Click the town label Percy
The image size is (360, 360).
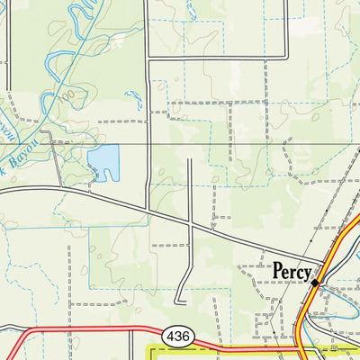click(292, 271)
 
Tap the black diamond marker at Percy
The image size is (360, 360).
click(315, 283)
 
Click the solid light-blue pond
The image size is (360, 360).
click(103, 162)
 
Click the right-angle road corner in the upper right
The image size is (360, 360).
click(285, 58)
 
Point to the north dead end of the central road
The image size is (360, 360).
click(190, 159)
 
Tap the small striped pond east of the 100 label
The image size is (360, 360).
click(136, 100)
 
